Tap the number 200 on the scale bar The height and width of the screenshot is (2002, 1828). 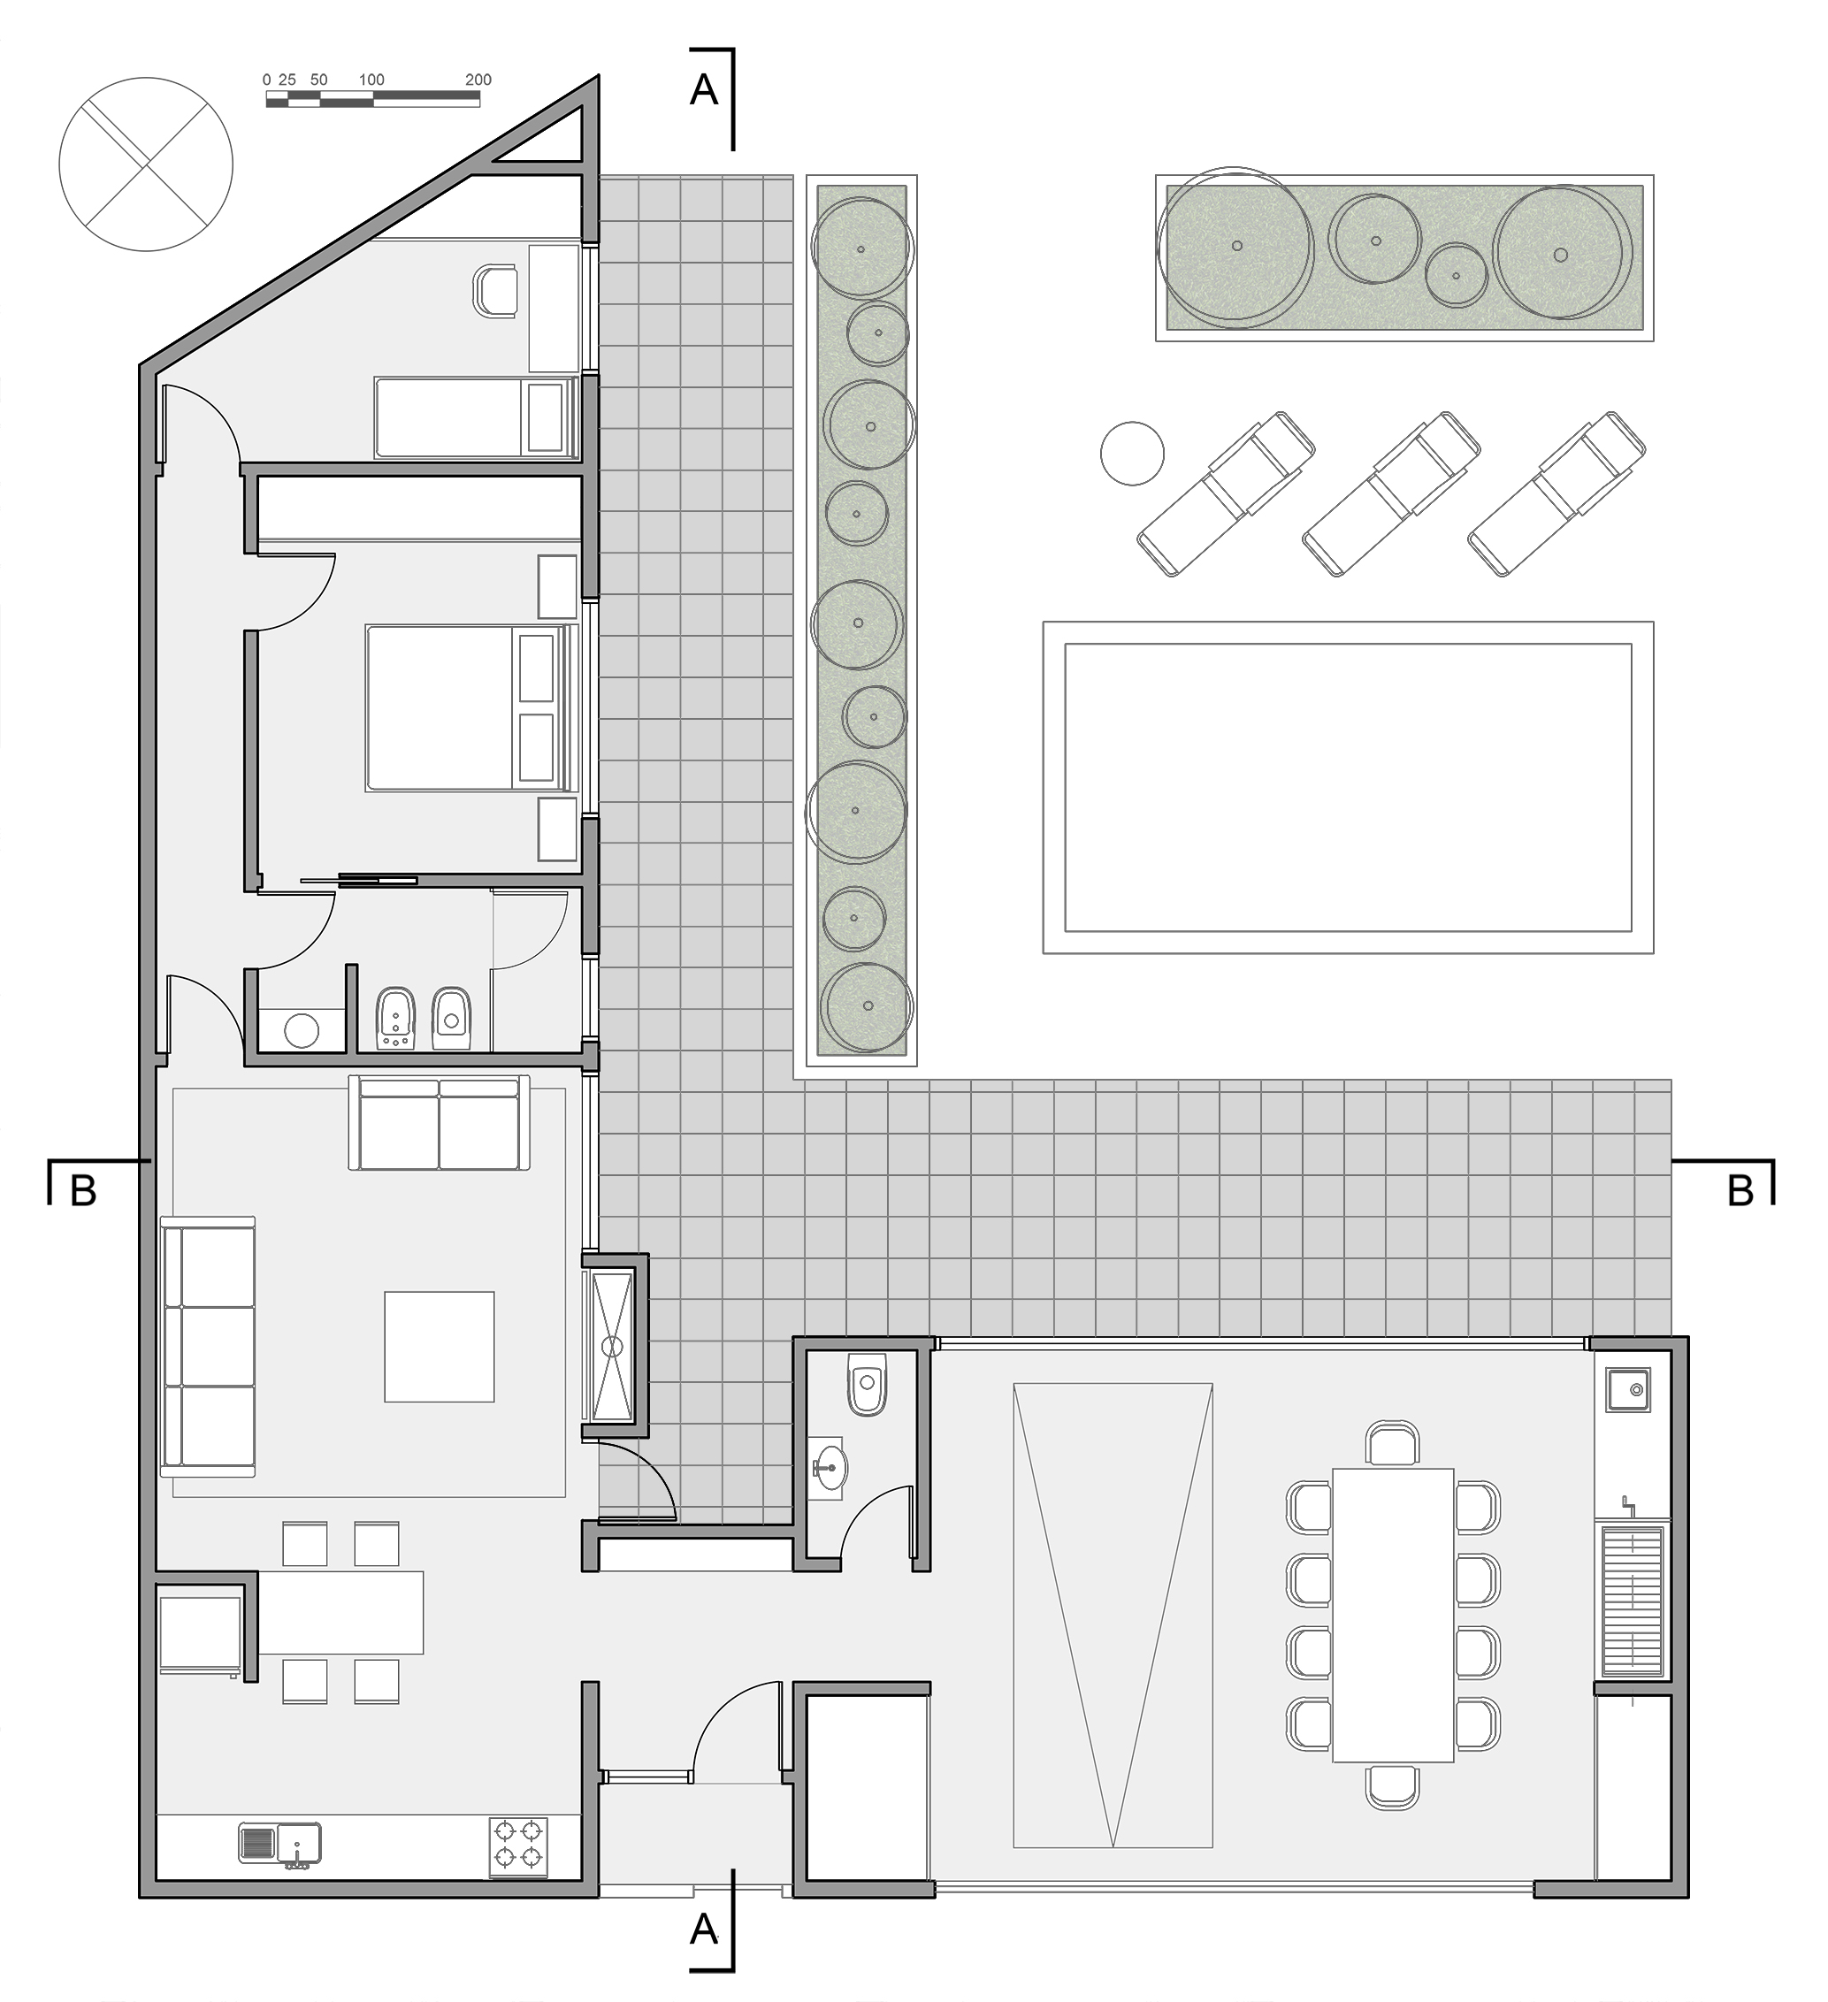(x=478, y=80)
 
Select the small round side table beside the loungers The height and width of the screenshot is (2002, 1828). (x=1132, y=454)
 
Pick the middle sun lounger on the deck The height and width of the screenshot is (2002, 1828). (x=1391, y=493)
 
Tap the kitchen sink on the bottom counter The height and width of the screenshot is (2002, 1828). (x=280, y=1843)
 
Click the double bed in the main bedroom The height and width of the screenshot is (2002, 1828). (x=470, y=707)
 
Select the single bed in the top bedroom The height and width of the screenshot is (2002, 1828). (x=475, y=417)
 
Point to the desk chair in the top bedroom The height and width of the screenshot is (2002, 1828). (x=496, y=291)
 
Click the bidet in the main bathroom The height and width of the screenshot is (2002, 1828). (x=396, y=1019)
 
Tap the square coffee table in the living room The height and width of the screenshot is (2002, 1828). (x=440, y=1347)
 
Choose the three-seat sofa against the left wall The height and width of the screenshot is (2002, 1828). (x=208, y=1348)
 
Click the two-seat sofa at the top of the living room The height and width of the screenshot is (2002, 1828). (x=439, y=1123)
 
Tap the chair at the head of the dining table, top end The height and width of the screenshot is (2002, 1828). (x=1393, y=1444)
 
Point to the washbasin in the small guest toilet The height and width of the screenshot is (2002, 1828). (x=828, y=1464)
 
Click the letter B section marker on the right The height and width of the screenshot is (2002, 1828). (x=1741, y=1189)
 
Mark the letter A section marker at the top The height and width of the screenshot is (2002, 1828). (x=703, y=90)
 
